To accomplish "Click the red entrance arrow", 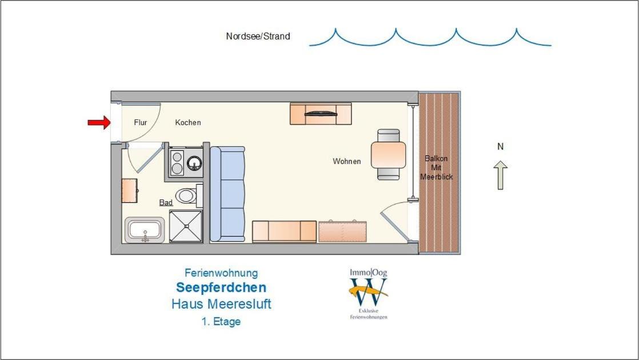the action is pyautogui.click(x=99, y=122).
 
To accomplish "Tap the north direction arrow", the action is pyautogui.click(x=501, y=175).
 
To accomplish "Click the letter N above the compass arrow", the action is pyautogui.click(x=501, y=147).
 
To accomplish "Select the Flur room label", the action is pyautogui.click(x=141, y=122).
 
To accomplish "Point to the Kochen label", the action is pyautogui.click(x=188, y=122).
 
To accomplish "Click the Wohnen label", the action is pyautogui.click(x=347, y=161).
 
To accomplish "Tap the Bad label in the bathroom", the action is pyautogui.click(x=166, y=202).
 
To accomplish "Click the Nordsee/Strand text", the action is pyautogui.click(x=258, y=36).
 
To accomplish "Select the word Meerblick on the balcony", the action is pyautogui.click(x=437, y=177).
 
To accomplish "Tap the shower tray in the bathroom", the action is pyautogui.click(x=186, y=226).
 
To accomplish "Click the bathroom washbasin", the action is pyautogui.click(x=145, y=230).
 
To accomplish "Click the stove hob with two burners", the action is pyautogui.click(x=177, y=162).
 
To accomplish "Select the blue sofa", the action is pyautogui.click(x=227, y=194).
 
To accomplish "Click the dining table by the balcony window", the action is pyautogui.click(x=388, y=155).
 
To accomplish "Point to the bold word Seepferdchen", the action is pyautogui.click(x=221, y=287).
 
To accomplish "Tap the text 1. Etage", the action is pyautogui.click(x=221, y=321).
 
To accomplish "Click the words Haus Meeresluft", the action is pyautogui.click(x=221, y=304).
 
